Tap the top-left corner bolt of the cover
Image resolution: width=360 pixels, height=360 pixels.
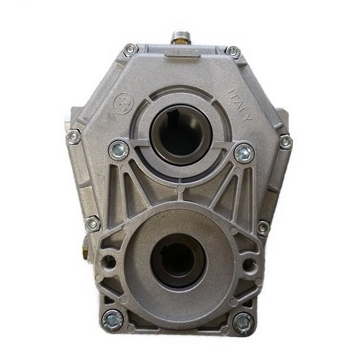(130, 50)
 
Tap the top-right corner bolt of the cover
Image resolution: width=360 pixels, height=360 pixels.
(233, 51)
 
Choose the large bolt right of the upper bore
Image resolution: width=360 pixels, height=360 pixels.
(243, 152)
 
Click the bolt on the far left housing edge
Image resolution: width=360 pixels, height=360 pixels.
(73, 137)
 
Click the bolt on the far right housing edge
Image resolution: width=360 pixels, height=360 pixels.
(286, 142)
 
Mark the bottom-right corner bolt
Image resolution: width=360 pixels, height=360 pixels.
(244, 321)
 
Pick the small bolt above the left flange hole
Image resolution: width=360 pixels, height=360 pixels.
(92, 224)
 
